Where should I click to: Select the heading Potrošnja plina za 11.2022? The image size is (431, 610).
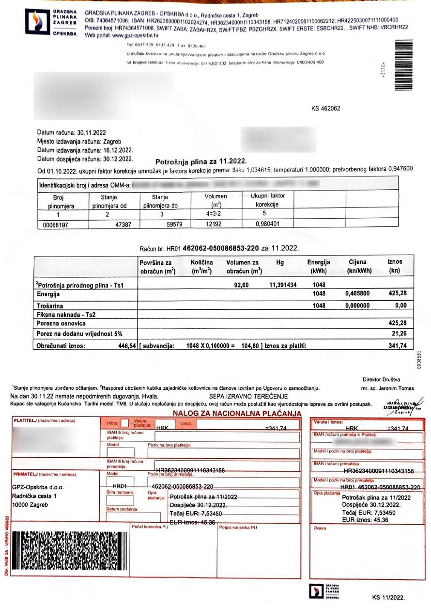[x=201, y=161]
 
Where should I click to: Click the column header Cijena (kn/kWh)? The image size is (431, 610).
[x=357, y=266]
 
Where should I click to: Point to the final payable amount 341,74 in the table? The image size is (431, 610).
[x=397, y=346]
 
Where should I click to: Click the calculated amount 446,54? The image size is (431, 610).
[x=123, y=346]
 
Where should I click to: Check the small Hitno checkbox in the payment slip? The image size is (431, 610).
[x=125, y=423]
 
